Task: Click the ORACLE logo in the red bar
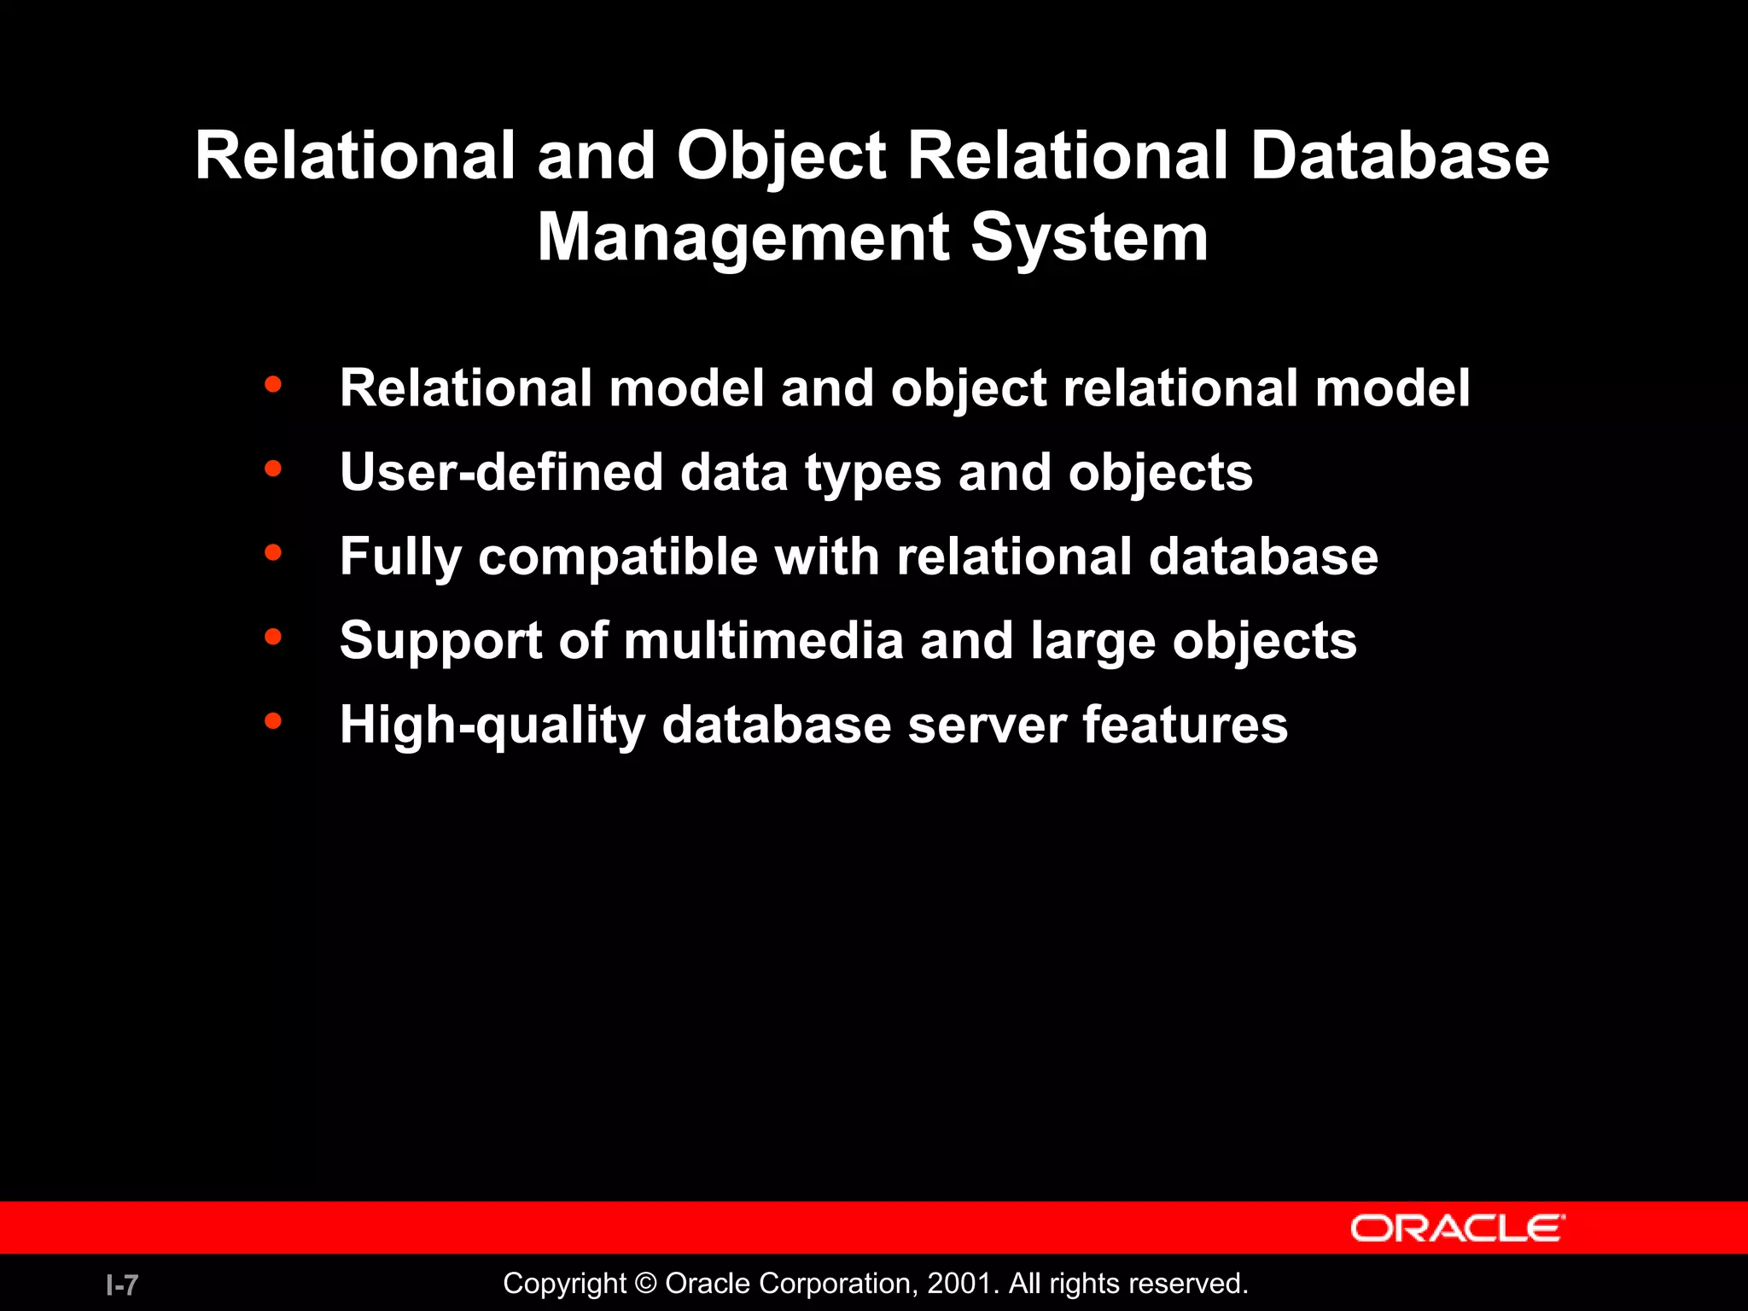(1457, 1228)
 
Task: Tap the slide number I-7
(122, 1285)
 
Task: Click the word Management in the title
(743, 237)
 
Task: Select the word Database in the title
(1400, 156)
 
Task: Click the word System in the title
(1089, 239)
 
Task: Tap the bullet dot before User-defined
(273, 469)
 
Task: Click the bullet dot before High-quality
(273, 721)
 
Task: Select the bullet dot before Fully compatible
(273, 553)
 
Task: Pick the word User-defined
(501, 472)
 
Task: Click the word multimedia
(763, 640)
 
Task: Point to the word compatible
(618, 558)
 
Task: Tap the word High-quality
(492, 725)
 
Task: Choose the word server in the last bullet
(987, 725)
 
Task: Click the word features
(1185, 725)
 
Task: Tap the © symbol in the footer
(646, 1284)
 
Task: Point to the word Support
(440, 642)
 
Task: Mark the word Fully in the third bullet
(400, 558)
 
